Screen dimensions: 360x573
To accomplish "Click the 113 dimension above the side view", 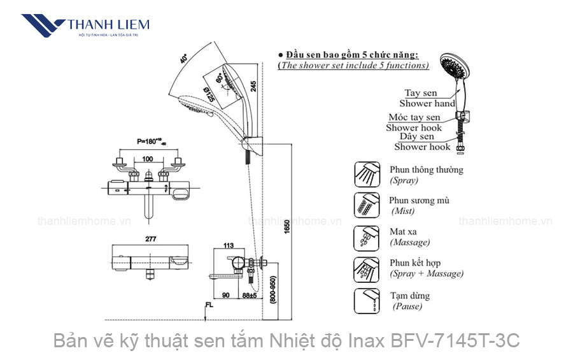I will [x=229, y=245].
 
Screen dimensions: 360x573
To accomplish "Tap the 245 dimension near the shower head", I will [x=253, y=88].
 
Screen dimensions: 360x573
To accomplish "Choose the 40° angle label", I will [x=184, y=59].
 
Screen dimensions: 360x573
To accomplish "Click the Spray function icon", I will [x=367, y=174].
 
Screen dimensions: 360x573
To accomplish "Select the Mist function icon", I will [x=367, y=205].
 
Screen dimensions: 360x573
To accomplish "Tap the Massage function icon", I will [x=367, y=236].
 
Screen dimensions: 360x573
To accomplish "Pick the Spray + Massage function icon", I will [x=367, y=268].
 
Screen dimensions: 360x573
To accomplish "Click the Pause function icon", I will [x=367, y=300].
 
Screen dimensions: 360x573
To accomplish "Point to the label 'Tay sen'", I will [x=421, y=93].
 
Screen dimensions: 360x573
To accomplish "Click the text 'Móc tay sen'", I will [x=414, y=117].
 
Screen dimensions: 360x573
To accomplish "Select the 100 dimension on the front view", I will [x=148, y=158].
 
